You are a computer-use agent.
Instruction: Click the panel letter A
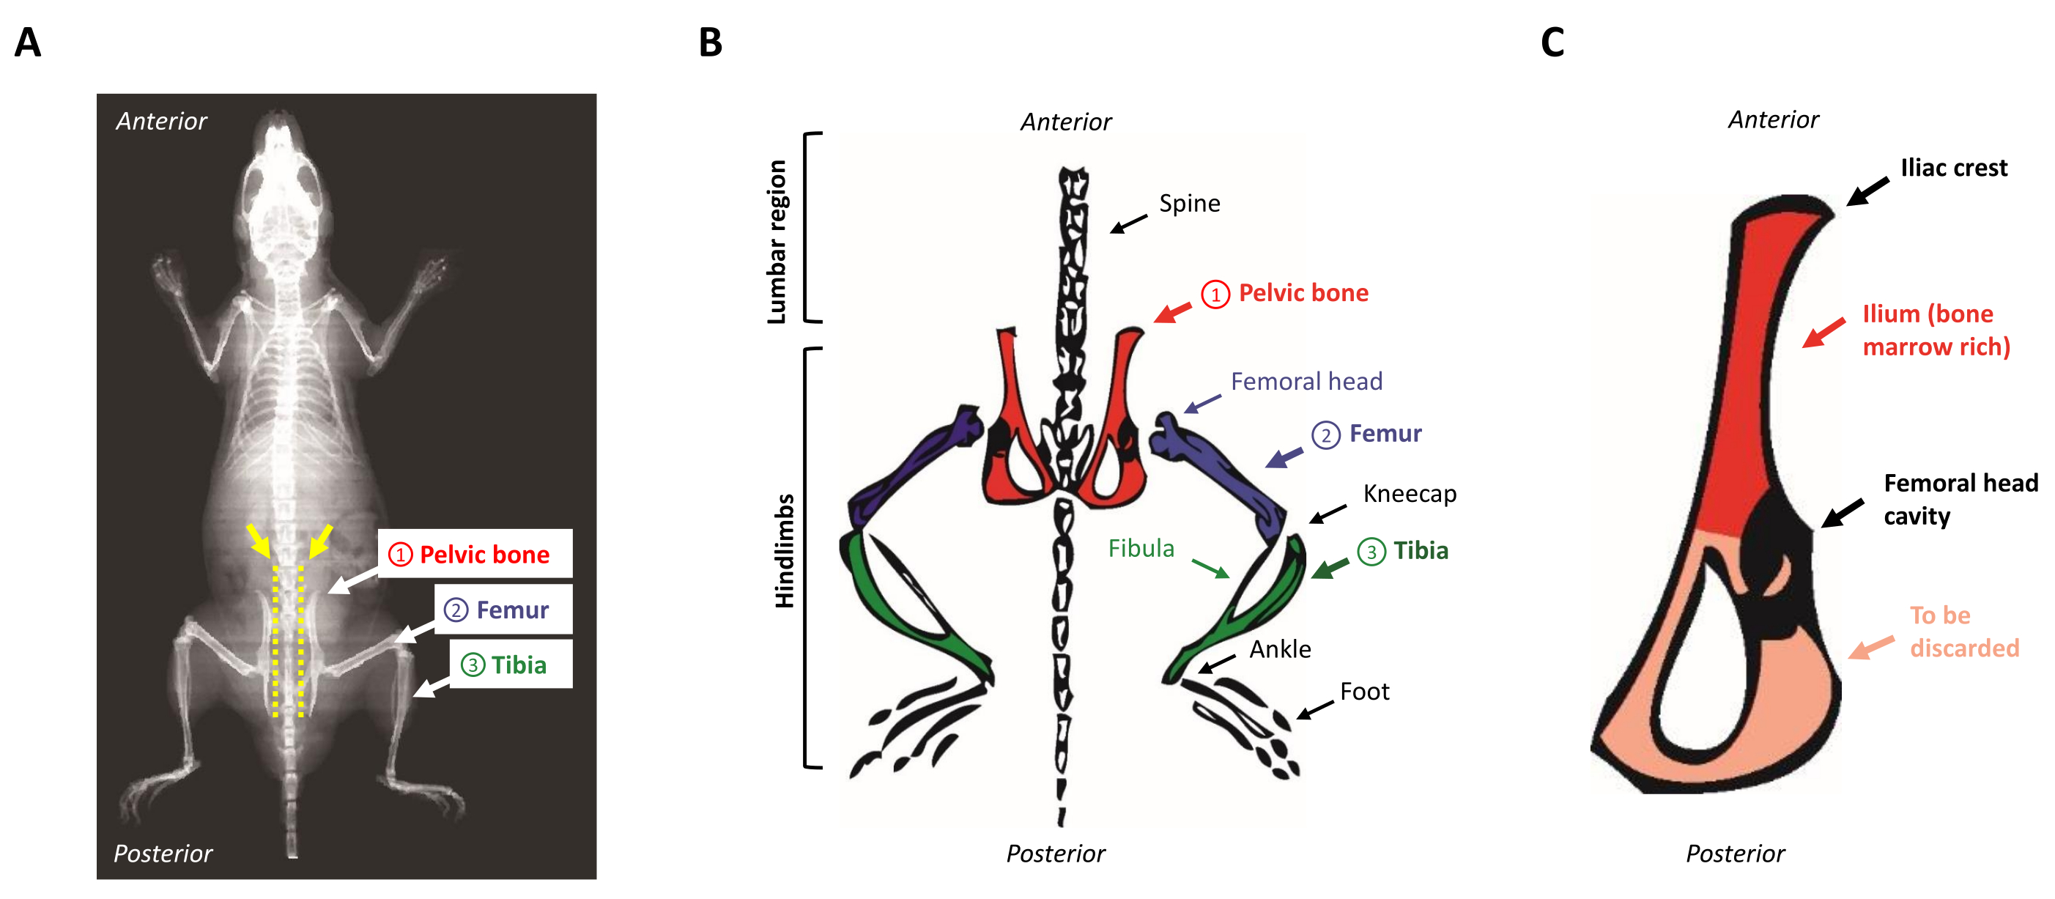(28, 42)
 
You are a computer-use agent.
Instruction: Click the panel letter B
(710, 42)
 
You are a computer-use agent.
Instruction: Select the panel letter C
(1552, 42)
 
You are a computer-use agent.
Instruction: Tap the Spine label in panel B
(1188, 204)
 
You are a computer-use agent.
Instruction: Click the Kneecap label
(1409, 494)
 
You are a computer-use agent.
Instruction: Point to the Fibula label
(1141, 548)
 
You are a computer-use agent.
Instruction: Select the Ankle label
(1280, 649)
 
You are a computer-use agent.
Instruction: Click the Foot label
(1364, 692)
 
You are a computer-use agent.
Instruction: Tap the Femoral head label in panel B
(1306, 381)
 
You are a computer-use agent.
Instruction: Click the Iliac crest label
(1953, 168)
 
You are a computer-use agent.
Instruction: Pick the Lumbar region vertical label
(776, 242)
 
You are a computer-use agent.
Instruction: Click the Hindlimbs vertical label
(785, 550)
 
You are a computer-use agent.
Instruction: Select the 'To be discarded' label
(1963, 631)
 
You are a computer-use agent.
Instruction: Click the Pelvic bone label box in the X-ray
(475, 554)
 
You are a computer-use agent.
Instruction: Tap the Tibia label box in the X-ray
(511, 664)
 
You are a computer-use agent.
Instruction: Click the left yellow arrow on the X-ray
(258, 540)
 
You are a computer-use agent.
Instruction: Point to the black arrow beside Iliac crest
(1867, 191)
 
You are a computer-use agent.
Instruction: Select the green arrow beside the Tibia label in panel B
(1330, 568)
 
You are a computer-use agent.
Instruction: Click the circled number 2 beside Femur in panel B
(1325, 435)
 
